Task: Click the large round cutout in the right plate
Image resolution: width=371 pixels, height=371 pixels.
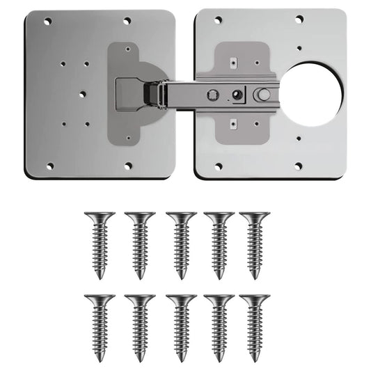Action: pyautogui.click(x=313, y=94)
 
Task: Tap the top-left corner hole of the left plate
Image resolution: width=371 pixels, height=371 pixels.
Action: pyautogui.click(x=49, y=22)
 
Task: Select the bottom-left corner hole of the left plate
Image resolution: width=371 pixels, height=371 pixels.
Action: pyautogui.click(x=49, y=166)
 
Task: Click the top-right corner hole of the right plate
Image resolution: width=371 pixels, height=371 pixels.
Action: pyautogui.click(x=299, y=19)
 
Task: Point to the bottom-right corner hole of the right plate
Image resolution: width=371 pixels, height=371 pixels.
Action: pyautogui.click(x=298, y=166)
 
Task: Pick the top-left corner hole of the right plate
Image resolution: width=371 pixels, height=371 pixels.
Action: pyautogui.click(x=218, y=20)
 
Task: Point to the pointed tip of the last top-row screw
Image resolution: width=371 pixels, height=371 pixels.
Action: pyautogui.click(x=255, y=276)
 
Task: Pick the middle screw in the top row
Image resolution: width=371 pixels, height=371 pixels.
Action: pyautogui.click(x=181, y=244)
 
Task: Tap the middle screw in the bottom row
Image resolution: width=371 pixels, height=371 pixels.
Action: pyautogui.click(x=181, y=326)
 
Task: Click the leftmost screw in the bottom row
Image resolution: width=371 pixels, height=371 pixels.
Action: pyautogui.click(x=100, y=326)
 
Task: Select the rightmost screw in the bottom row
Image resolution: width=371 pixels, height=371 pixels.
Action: pyautogui.click(x=255, y=326)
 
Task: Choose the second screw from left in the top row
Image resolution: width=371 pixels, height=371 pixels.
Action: pyautogui.click(x=140, y=244)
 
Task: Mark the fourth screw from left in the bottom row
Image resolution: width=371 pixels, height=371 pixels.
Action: pyautogui.click(x=219, y=326)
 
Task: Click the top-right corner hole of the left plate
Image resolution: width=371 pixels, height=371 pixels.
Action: pyautogui.click(x=127, y=22)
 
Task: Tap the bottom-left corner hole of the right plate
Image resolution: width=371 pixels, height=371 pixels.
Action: pyautogui.click(x=218, y=166)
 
